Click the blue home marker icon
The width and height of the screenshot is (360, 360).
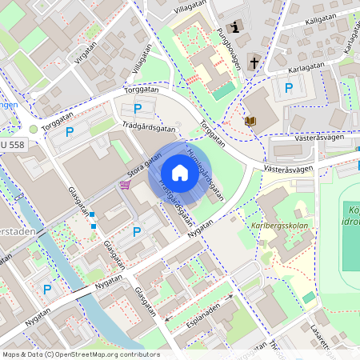179,173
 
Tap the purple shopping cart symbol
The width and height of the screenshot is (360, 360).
124,185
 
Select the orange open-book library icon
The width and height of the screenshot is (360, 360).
250,121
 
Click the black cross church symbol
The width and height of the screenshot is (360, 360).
254,62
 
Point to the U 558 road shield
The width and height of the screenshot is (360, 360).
12,145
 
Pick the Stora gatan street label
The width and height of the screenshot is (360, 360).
137,169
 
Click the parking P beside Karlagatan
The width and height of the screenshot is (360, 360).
288,88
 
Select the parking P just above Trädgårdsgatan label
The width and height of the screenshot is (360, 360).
137,108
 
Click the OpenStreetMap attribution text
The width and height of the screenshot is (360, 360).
80,354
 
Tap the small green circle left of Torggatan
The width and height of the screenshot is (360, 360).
33,128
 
